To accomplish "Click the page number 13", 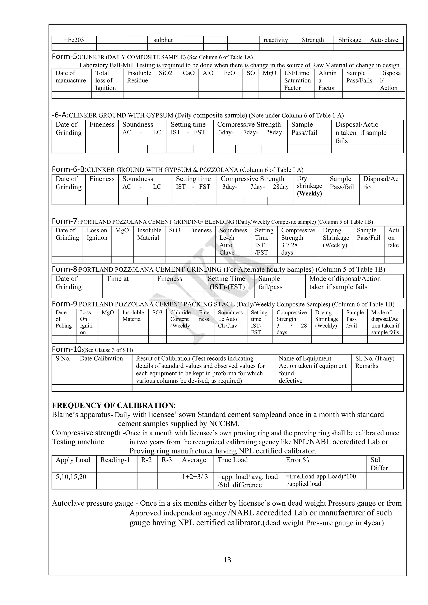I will coord(227,560).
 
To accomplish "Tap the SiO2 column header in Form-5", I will coord(165,73).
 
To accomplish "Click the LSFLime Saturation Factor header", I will coord(297,80).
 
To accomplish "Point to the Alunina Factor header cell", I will coord(327,80).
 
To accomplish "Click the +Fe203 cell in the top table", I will coord(74,40).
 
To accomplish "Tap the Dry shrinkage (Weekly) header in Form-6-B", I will coord(309,186).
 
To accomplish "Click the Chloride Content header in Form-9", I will coord(180,319).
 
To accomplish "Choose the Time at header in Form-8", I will coord(117,279).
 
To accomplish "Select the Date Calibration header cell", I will coord(101,358).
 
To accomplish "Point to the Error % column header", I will coord(297,460).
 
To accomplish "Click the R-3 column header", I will coord(166,460).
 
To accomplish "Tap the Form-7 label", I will coord(65,221).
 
